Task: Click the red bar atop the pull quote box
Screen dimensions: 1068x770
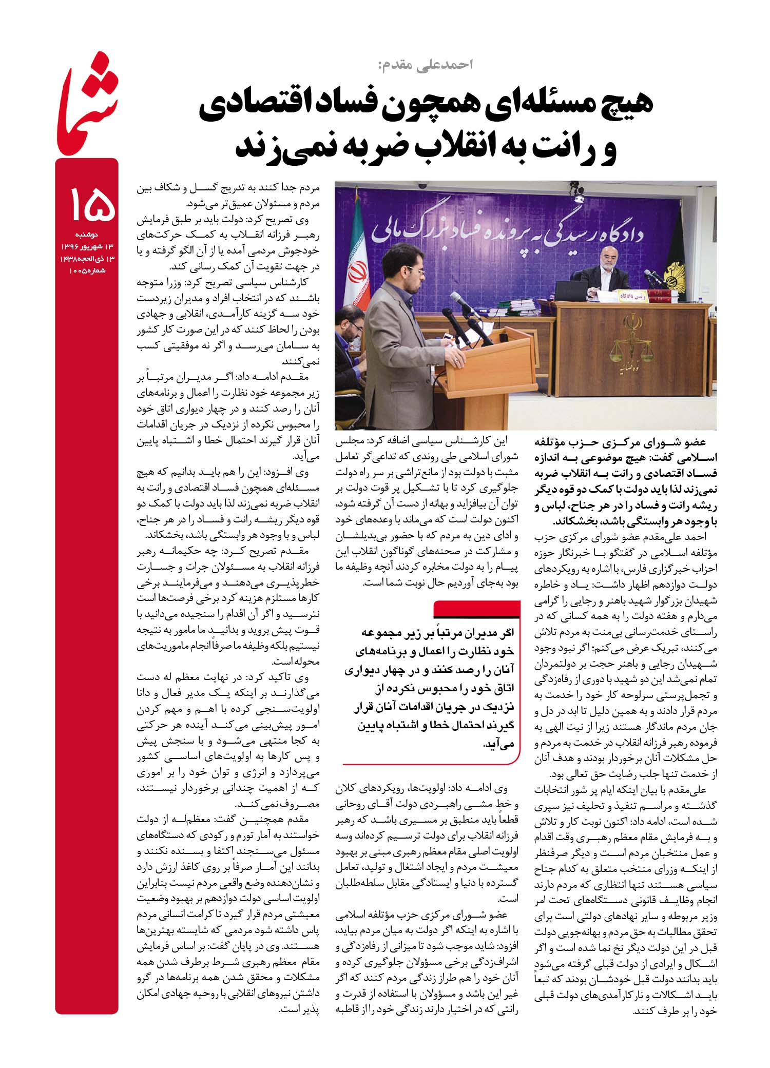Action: (477, 609)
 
